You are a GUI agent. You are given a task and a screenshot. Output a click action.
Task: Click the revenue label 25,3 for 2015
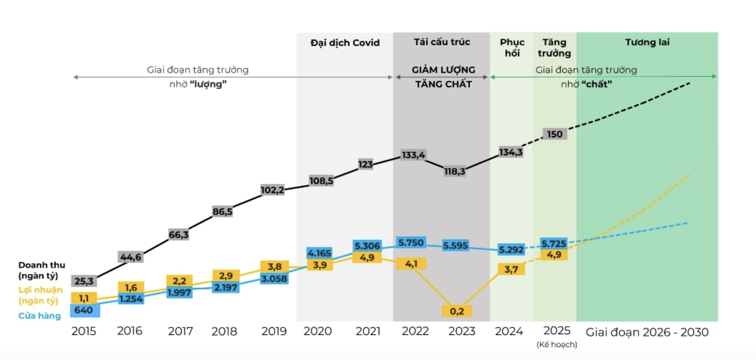(84, 281)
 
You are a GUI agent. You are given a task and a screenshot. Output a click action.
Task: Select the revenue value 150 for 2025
(554, 134)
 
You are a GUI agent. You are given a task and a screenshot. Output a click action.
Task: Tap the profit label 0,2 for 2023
(456, 311)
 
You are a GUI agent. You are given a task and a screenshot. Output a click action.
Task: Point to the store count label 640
(84, 310)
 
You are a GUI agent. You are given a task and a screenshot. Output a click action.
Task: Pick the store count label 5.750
(410, 243)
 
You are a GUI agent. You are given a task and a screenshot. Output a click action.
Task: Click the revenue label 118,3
(455, 171)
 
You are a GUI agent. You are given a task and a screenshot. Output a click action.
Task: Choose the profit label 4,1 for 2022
(411, 264)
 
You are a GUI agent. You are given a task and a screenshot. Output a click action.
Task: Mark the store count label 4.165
(319, 253)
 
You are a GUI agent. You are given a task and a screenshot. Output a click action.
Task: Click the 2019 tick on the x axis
(274, 331)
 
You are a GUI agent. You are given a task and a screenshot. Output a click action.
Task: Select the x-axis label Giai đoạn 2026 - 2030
(647, 332)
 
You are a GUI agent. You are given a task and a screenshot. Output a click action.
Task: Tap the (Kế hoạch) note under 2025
(557, 344)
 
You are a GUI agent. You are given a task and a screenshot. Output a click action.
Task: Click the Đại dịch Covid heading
(345, 43)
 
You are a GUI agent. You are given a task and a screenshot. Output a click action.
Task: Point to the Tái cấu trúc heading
(442, 42)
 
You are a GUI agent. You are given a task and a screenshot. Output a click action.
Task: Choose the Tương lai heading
(647, 42)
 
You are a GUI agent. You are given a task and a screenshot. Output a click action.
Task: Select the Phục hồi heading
(512, 48)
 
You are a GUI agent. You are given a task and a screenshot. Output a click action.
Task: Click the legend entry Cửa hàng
(40, 316)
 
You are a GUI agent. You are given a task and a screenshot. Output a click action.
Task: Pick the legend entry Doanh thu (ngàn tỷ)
(42, 270)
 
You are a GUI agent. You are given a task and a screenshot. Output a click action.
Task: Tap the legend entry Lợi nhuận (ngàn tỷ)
(40, 295)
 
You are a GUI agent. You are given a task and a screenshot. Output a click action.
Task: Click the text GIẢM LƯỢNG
(443, 70)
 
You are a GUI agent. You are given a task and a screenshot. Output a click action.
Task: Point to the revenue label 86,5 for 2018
(223, 211)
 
